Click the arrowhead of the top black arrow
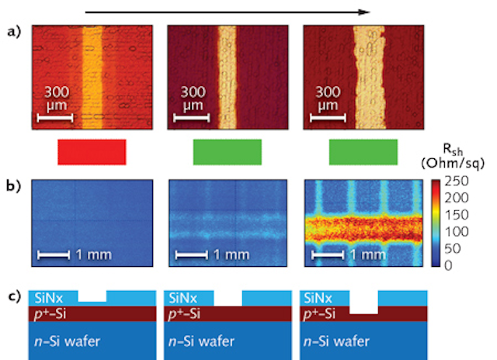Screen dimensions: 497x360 point(364,12)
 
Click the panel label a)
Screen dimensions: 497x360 point(14,32)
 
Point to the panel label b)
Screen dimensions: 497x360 point(14,186)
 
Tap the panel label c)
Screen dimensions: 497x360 point(14,296)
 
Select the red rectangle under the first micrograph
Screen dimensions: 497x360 point(92,152)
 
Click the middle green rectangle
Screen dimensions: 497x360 point(228,152)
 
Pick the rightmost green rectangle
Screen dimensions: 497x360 point(363,152)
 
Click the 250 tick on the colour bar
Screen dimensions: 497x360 point(457,182)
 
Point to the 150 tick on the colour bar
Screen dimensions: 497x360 point(457,215)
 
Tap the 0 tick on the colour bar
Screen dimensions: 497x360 point(448,265)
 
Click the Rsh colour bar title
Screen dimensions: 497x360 point(453,149)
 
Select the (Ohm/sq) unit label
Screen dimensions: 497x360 point(453,164)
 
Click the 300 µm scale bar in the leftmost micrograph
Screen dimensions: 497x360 point(55,118)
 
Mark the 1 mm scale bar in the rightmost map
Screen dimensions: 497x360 point(328,255)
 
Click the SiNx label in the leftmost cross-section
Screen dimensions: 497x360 point(49,298)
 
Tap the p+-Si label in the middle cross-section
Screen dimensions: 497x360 point(185,313)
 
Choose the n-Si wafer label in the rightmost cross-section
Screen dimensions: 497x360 point(336,341)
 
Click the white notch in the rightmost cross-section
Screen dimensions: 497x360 point(363,303)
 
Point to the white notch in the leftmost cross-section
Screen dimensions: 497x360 point(92,296)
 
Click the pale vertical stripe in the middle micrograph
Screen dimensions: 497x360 point(228,78)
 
